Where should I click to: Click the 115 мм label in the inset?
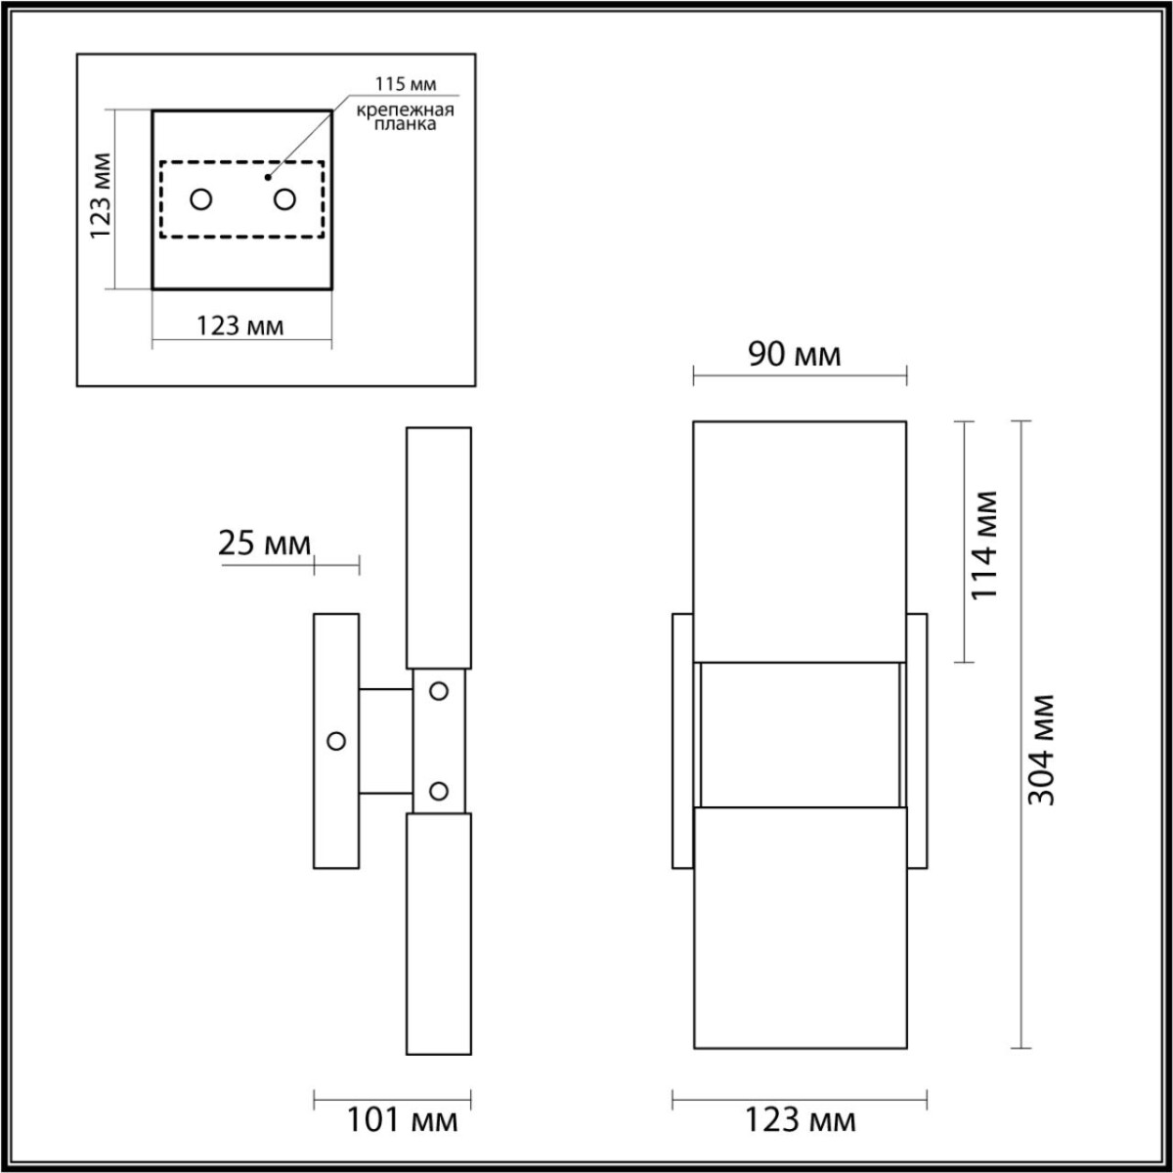point(404,85)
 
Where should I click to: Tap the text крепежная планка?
point(405,118)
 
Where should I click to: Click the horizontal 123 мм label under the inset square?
point(240,326)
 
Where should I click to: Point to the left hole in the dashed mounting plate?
point(201,199)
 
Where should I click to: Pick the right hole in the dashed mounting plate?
point(284,199)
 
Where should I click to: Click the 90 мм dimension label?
point(795,354)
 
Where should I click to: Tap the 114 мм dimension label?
point(984,544)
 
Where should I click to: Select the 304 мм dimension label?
point(1043,750)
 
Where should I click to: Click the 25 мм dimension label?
point(264,543)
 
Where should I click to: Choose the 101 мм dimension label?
point(402,1120)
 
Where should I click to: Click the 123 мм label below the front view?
point(800,1120)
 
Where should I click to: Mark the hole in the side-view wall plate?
point(337,741)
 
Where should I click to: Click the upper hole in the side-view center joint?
point(439,691)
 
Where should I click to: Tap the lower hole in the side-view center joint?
point(439,790)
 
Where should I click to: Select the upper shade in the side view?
point(439,547)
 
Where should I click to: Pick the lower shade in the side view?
point(439,934)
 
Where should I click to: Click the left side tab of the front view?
point(682,740)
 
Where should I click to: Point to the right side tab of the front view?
point(917,740)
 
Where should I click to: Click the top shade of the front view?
point(800,542)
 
